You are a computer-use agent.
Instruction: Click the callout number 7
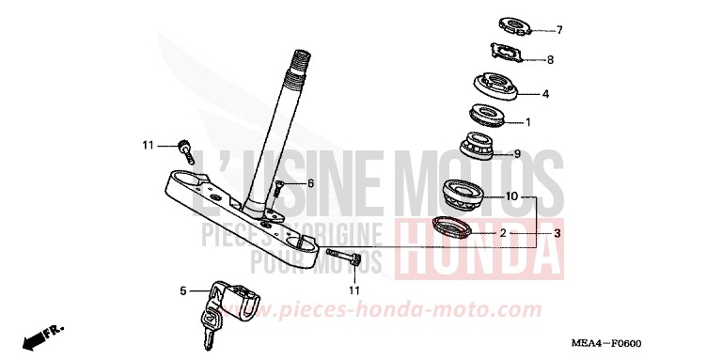point(558,30)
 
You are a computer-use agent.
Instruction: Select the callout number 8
point(550,60)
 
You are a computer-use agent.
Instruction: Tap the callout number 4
point(545,94)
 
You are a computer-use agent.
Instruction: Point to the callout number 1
point(528,122)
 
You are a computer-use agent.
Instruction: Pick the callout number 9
point(517,154)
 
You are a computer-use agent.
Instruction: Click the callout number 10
point(511,197)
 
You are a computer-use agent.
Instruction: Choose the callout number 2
point(503,232)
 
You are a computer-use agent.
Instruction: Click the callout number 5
point(184,291)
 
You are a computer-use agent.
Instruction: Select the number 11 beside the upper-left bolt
point(148,145)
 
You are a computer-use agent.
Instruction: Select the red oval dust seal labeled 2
point(453,227)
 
